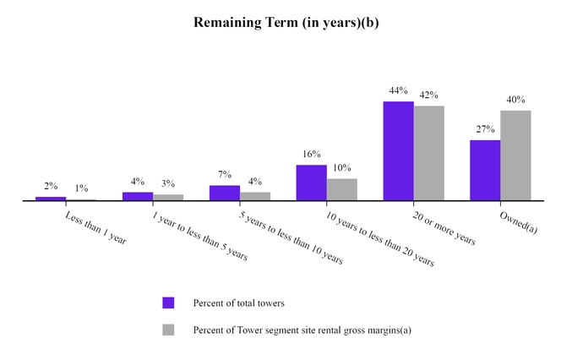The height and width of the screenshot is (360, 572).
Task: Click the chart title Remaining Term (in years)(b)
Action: [286, 22]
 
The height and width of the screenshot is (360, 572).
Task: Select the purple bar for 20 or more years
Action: [398, 151]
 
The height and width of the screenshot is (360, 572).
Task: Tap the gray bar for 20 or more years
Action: [428, 153]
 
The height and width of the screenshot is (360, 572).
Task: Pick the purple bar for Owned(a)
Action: [485, 170]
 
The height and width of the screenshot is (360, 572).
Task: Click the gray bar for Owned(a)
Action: [515, 155]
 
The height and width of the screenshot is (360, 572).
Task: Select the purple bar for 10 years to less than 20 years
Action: [311, 183]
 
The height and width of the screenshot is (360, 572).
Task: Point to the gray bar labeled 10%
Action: [341, 189]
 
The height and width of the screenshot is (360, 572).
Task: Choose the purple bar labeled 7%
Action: [224, 193]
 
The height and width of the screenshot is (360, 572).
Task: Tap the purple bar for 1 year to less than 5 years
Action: [138, 196]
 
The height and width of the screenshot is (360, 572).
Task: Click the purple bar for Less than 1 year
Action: [51, 199]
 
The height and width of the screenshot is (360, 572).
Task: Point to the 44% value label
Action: [398, 90]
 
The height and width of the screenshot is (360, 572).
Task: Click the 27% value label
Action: [485, 129]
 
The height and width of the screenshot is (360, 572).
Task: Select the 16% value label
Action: [311, 155]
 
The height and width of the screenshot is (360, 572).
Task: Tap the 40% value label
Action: [515, 101]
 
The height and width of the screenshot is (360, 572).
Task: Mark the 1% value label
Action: [82, 189]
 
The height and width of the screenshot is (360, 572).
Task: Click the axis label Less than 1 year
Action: [95, 227]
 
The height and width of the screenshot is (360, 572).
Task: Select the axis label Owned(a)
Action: [517, 222]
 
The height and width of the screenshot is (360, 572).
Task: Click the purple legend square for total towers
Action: [167, 303]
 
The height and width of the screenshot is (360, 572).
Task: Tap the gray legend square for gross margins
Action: [167, 330]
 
